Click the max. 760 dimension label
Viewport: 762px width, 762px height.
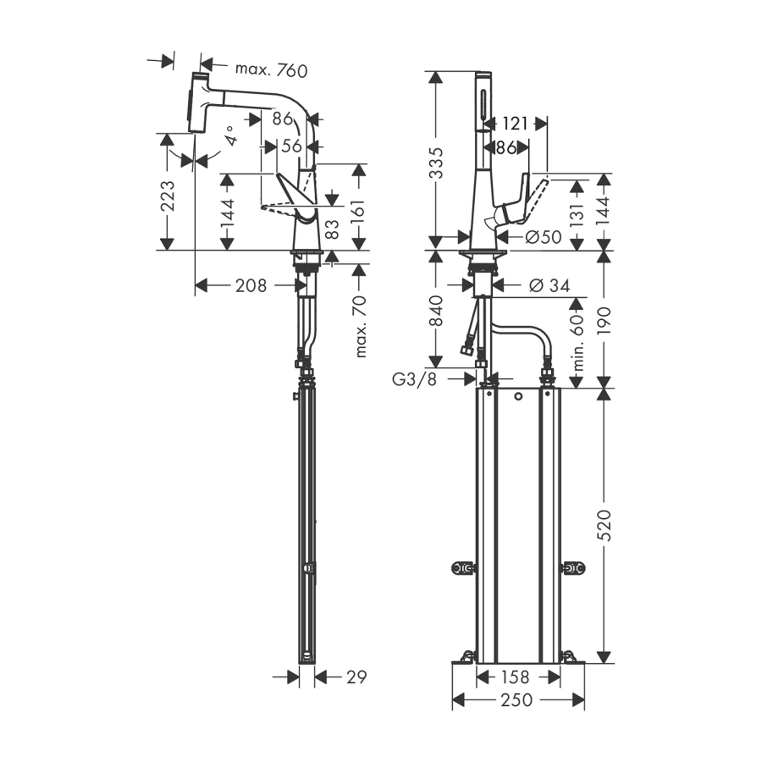tap(271, 70)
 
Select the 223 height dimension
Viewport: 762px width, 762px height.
tap(168, 196)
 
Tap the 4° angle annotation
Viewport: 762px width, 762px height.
tap(231, 135)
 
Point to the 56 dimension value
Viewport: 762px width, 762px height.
tap(291, 146)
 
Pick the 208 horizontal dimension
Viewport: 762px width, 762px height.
tap(251, 285)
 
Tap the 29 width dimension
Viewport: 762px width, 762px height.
tap(356, 677)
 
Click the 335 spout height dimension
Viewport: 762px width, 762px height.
tap(436, 163)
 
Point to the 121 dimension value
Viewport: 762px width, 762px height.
tap(514, 124)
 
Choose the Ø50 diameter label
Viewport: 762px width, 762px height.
tap(544, 237)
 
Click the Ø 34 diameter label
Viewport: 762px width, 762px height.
tap(549, 285)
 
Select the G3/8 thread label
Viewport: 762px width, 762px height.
tap(415, 379)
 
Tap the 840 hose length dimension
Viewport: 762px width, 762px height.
tap(436, 311)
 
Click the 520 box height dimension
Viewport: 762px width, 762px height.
tap(604, 525)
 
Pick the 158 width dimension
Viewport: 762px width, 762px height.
tap(515, 677)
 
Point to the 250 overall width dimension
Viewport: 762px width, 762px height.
tap(516, 700)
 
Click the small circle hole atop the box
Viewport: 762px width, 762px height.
tap(518, 396)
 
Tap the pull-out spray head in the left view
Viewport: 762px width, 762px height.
tap(198, 102)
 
